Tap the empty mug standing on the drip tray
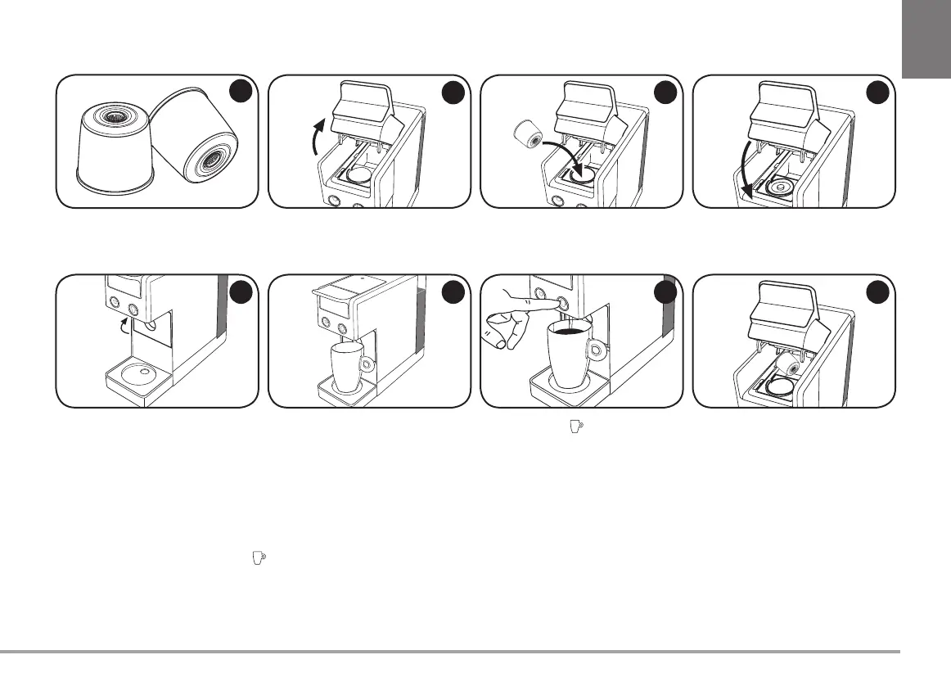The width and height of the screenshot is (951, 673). pyautogui.click(x=347, y=367)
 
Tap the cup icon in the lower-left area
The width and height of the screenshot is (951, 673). pyautogui.click(x=258, y=557)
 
